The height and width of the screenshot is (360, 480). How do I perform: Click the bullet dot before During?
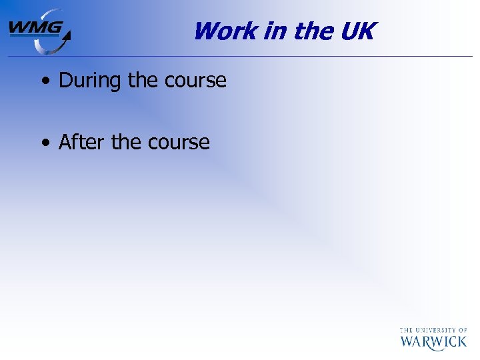tap(45, 82)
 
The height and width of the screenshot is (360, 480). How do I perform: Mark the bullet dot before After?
tap(45, 143)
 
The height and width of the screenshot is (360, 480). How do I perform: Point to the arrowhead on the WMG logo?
tap(66, 33)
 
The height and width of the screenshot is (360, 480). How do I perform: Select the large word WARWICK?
tap(433, 342)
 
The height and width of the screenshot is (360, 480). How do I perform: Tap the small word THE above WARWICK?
tap(406, 329)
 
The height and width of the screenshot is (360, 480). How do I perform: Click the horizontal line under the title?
tap(267, 56)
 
